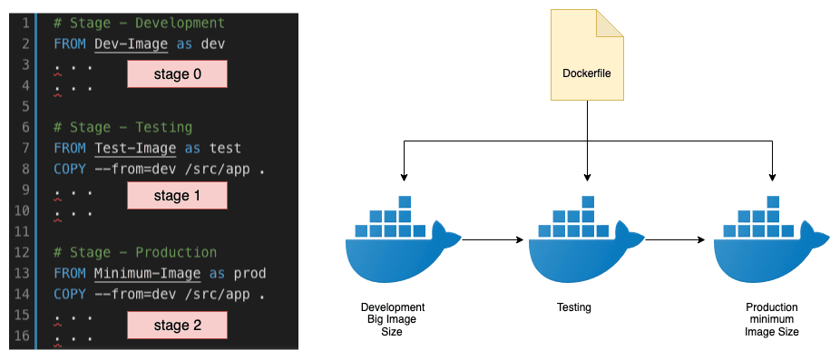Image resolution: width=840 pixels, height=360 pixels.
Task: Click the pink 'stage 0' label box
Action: pos(177,74)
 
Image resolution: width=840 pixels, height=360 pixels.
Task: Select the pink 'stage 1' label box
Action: pos(177,194)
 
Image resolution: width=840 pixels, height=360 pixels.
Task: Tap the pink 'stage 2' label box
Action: pos(177,324)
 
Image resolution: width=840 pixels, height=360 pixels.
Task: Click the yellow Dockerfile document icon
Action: pos(588,55)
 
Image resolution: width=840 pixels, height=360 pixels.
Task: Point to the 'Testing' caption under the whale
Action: pos(573,307)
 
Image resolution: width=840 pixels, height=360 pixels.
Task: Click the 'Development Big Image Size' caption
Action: pos(393,319)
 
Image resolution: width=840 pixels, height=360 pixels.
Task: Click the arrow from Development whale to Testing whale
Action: pos(494,240)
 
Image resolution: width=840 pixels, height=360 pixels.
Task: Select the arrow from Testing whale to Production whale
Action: pos(676,240)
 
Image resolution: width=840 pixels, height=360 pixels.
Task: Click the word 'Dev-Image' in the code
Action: pos(131,44)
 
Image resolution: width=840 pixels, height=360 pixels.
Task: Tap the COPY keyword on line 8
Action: pos(69,169)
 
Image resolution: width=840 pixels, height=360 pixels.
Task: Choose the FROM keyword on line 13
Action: pos(69,273)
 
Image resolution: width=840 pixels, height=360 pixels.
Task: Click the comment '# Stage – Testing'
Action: pos(122,127)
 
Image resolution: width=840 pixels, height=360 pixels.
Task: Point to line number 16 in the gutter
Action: pos(24,336)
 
